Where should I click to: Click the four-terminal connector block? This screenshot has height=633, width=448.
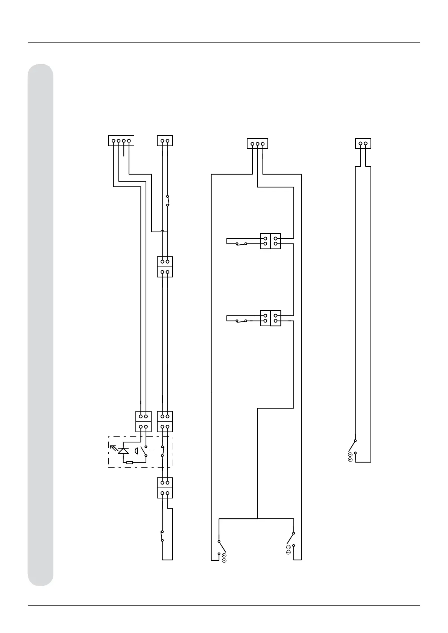[121, 141]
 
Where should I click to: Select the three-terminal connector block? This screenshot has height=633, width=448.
[257, 144]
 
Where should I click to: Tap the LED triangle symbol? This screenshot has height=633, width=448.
[123, 450]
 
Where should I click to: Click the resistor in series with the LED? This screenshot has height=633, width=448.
[129, 462]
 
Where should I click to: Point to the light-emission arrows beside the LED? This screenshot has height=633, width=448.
[113, 448]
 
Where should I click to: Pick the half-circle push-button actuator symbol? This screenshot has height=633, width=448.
[136, 450]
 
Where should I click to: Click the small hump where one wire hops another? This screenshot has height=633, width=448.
[162, 231]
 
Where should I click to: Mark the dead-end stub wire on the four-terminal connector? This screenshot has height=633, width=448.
[124, 150]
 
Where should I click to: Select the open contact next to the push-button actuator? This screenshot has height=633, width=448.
[143, 451]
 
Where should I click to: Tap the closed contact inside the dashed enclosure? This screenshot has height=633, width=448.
[162, 451]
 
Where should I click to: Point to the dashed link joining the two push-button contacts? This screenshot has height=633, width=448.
[154, 450]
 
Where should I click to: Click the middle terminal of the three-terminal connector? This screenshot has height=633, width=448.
[257, 144]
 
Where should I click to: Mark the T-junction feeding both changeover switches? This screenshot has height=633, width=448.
[257, 519]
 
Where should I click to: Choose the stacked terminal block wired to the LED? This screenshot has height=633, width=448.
[143, 421]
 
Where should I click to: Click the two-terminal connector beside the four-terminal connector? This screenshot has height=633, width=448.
[165, 141]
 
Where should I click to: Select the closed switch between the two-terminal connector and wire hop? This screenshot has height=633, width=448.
[168, 201]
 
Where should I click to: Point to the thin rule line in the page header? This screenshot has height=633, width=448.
[224, 43]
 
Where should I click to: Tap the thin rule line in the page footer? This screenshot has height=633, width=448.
[224, 605]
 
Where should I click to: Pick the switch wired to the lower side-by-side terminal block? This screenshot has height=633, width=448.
[241, 320]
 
